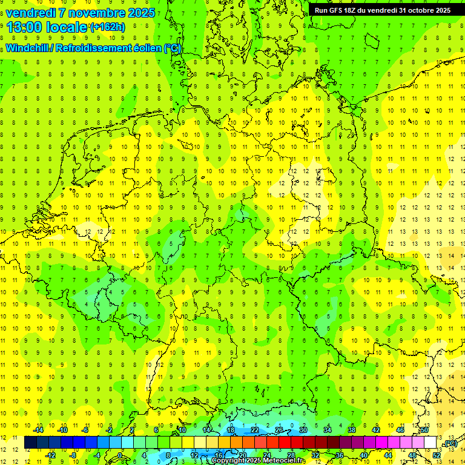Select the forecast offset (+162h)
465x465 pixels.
point(108,27)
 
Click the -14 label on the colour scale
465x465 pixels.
point(38,430)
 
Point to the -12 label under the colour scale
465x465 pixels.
point(50,455)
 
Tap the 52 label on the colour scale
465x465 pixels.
point(437,455)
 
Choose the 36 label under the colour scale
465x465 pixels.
point(340,455)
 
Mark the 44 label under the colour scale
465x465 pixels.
point(388,455)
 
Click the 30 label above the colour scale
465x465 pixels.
point(303,430)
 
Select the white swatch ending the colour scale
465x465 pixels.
point(430,443)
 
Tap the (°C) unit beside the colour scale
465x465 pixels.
point(450,443)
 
